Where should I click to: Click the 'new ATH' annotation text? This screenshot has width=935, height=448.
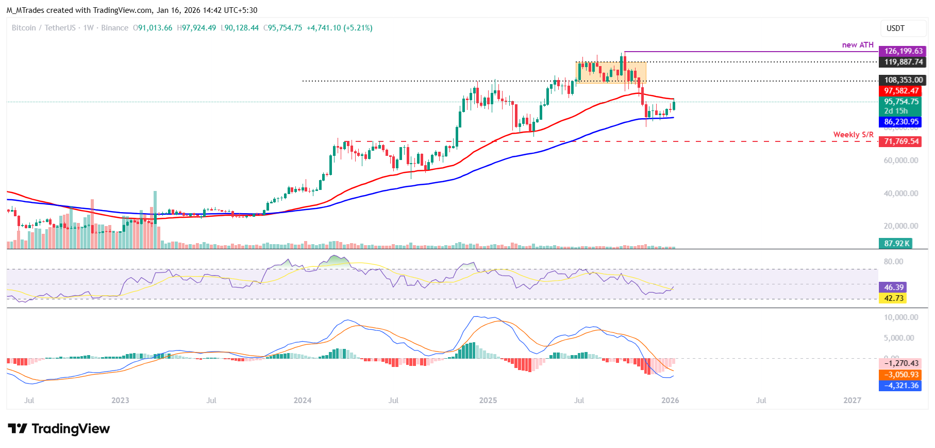tap(858, 45)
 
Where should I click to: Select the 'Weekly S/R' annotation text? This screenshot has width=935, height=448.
tap(853, 135)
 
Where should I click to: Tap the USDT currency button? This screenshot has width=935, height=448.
tap(895, 28)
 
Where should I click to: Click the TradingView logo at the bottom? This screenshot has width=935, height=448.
tap(59, 429)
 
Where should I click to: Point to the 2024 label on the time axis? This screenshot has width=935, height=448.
tap(303, 401)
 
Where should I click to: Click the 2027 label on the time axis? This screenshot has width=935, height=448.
tap(852, 401)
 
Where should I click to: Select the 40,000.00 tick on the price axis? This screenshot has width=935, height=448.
tap(900, 194)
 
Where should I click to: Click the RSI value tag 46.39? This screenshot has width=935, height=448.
tap(893, 287)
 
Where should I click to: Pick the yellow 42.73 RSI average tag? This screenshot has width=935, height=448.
tap(893, 298)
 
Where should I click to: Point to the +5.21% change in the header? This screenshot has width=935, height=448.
tap(358, 28)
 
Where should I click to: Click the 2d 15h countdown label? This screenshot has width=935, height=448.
tap(896, 111)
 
